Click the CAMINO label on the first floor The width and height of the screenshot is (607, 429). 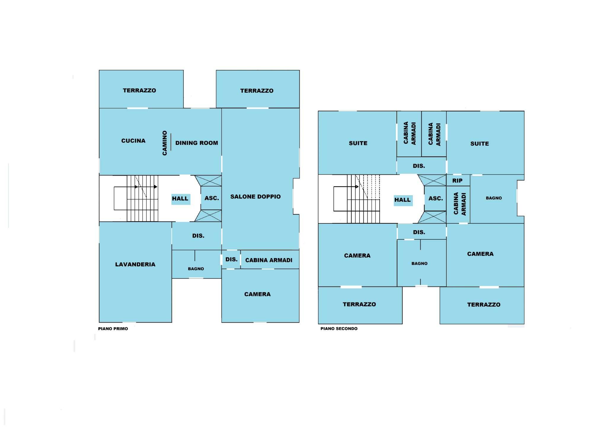(165, 143)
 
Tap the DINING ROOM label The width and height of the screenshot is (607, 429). (197, 143)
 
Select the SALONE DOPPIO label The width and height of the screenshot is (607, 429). (255, 196)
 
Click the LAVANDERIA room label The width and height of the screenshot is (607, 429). (135, 264)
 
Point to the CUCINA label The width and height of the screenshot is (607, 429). (133, 141)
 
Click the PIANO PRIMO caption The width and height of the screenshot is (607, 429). (113, 329)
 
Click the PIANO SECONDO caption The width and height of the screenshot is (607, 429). (339, 329)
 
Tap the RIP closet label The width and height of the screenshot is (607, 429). (457, 180)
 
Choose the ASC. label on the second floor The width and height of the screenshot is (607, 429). (436, 198)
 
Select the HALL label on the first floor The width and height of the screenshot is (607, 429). (180, 199)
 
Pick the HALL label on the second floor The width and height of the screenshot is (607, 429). (402, 200)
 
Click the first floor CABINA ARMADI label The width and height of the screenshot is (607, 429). (269, 260)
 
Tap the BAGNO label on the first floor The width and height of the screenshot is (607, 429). (196, 269)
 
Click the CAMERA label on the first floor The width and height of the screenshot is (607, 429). (257, 294)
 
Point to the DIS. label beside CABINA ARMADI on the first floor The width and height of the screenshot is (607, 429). (231, 259)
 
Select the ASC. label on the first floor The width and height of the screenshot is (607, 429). (212, 198)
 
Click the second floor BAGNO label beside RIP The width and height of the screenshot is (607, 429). (494, 198)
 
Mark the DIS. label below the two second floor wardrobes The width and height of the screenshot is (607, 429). (419, 166)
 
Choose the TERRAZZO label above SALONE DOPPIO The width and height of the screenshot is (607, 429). (257, 91)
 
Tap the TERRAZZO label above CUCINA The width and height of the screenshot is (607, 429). (139, 90)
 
